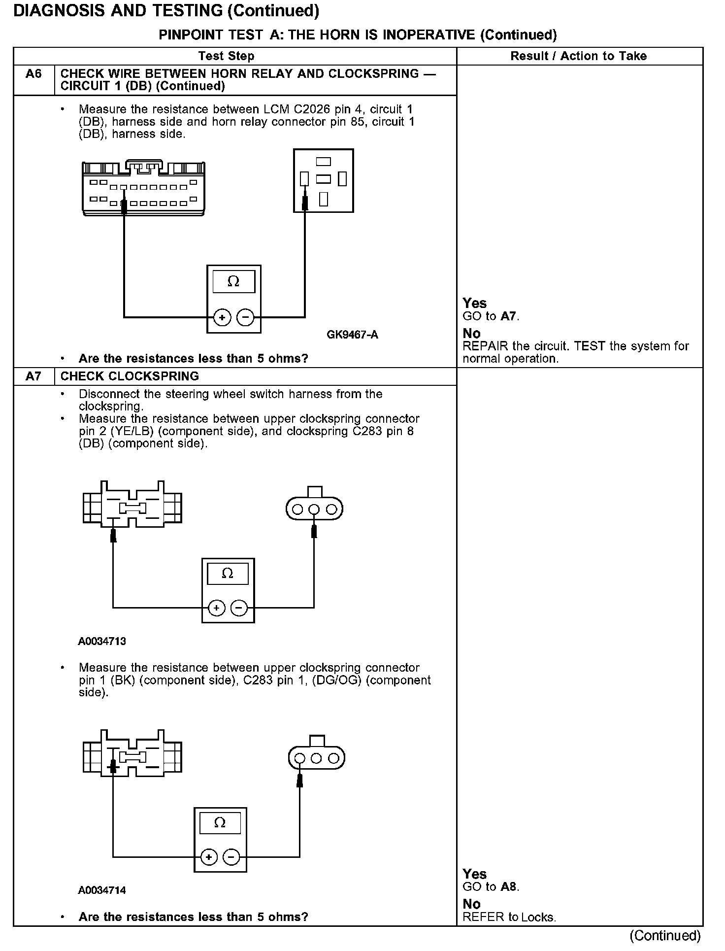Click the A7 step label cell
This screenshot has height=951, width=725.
pos(33,376)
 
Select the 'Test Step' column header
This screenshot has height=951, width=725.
pos(226,56)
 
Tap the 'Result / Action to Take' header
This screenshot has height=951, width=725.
pos(579,56)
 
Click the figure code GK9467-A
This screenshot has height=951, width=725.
pos(352,335)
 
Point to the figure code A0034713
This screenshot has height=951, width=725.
pos(102,642)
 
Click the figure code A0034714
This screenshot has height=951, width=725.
pos(102,904)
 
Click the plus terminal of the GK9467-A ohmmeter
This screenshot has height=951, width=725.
pos(222,317)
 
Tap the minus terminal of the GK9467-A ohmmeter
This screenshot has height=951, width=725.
pos(245,317)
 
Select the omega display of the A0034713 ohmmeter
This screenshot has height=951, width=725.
pos(228,574)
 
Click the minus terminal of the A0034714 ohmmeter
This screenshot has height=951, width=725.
pos(231,857)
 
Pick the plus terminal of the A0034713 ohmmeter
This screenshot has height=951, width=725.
pos(217,608)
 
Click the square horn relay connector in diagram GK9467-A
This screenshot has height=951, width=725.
pos(323,180)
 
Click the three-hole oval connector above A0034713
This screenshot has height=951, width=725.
pos(314,509)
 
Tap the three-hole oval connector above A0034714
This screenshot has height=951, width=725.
pos(316,758)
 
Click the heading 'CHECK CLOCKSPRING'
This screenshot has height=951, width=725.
pos(130,376)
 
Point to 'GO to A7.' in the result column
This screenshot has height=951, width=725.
pos(491,316)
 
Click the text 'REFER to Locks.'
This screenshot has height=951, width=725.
pos(509,917)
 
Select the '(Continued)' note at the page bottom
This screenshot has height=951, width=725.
pos(664,935)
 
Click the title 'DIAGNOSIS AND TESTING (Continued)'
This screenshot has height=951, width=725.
pos(166,11)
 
